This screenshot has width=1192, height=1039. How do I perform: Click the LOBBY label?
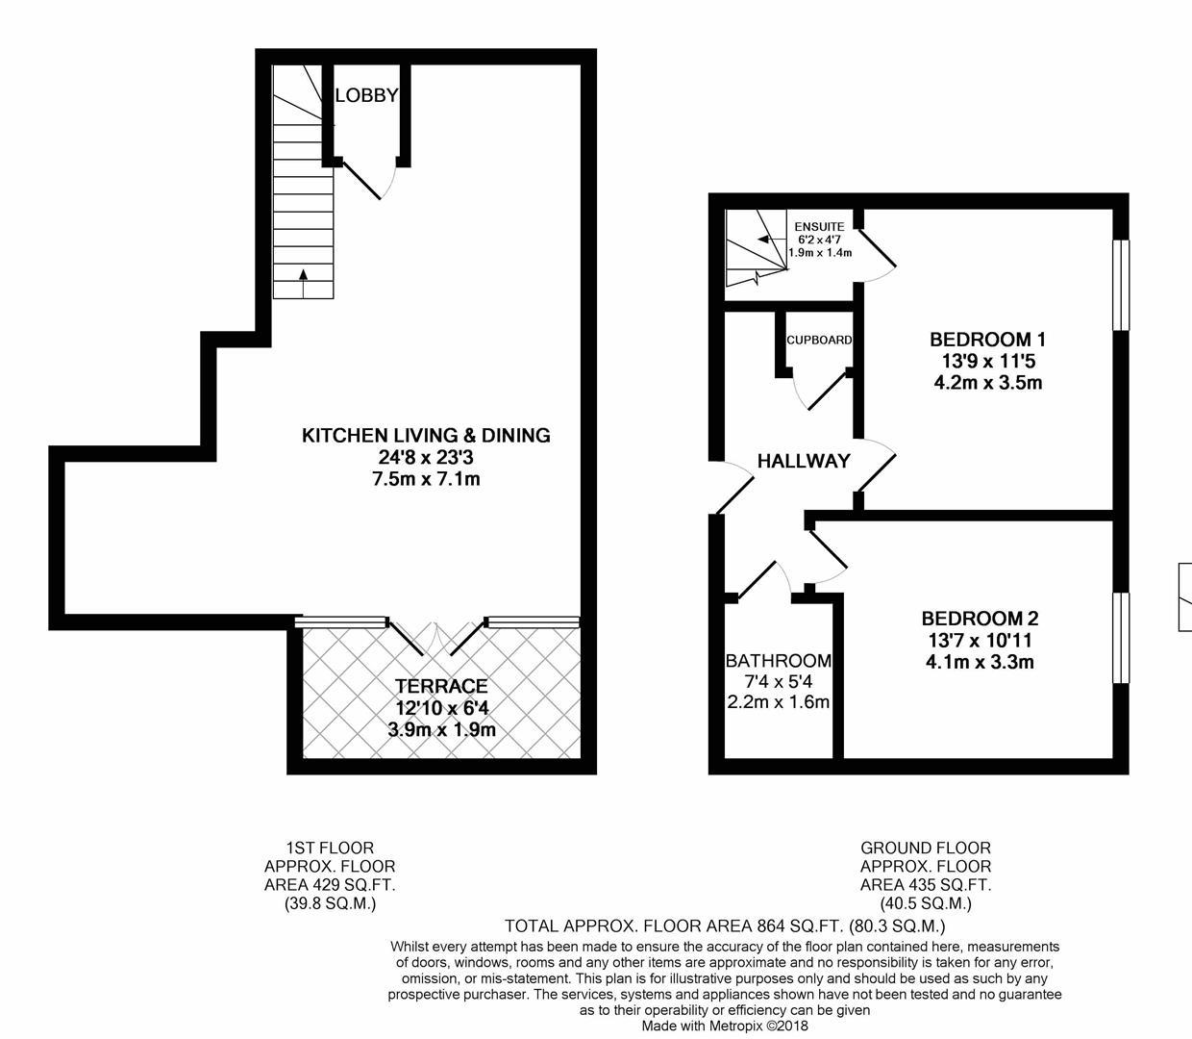tap(366, 95)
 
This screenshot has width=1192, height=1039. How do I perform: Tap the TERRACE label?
tap(441, 686)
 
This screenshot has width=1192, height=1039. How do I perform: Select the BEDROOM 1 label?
tap(987, 340)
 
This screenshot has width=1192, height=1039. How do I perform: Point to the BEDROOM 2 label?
tap(980, 618)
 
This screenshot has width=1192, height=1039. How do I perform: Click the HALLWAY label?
tap(804, 461)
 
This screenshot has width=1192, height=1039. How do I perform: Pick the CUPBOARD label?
tap(819, 340)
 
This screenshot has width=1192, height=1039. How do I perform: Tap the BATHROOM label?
tap(779, 661)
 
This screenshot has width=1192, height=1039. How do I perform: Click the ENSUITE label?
tap(819, 227)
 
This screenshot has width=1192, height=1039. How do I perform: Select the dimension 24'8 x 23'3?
tap(426, 457)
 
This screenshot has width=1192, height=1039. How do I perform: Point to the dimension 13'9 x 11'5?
tap(988, 362)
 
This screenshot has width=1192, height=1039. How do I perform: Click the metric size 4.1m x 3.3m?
tap(980, 662)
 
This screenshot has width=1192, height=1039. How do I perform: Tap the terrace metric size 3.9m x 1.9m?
tap(441, 729)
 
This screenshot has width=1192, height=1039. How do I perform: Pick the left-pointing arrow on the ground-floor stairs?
tap(772, 239)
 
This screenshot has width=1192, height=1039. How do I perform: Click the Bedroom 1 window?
tap(1122, 286)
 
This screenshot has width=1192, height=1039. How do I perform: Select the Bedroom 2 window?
tap(1122, 638)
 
